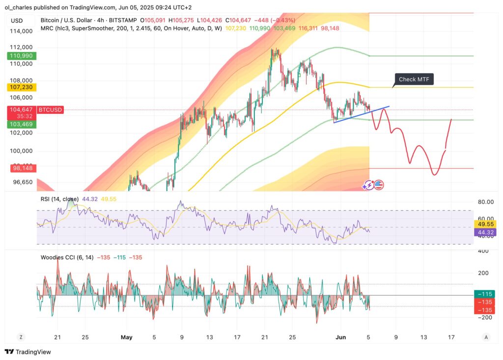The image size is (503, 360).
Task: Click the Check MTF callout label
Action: coord(414,80)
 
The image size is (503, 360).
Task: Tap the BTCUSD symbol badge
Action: coord(50,110)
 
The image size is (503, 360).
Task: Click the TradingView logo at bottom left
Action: coord(28,352)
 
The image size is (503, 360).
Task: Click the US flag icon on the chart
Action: coord(379,185)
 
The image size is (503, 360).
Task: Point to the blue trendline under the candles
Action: coord(361,114)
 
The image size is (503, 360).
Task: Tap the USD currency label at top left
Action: coord(17,21)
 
